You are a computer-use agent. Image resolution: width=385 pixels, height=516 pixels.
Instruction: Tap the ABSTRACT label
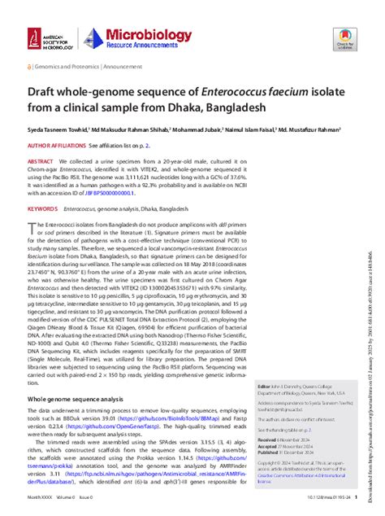coord(41,162)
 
